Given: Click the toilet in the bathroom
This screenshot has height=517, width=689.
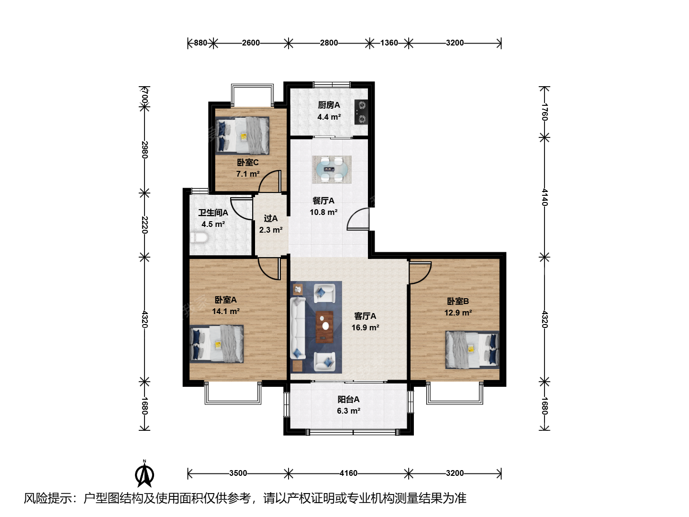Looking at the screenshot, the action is coord(199,237).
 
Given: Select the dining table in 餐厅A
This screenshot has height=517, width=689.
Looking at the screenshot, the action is coord(332,169).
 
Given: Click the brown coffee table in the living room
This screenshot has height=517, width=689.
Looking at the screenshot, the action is coord(324,327).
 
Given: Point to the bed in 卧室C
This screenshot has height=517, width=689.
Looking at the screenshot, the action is coord(242,135).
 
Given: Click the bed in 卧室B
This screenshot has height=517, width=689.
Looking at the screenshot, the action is coord(472,349).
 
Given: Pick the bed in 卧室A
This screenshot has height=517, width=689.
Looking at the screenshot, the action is coord(217,344).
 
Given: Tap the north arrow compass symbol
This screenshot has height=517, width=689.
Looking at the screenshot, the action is coord(144,474).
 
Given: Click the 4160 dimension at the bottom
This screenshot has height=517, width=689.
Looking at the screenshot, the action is coord(348,473).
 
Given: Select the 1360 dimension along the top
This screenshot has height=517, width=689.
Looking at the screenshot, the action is coord(389,43).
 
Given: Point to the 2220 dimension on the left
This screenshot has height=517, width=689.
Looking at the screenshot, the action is coord(144,225).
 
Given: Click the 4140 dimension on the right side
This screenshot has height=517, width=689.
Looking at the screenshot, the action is coord(545,197).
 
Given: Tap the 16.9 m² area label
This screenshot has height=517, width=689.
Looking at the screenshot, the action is coord(365,327).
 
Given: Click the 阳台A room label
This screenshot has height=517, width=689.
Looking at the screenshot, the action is coord(348,399).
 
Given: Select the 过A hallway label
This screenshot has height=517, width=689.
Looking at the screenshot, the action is coord(271,218).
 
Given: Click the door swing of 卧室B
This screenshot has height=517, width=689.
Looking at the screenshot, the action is coord(421,273).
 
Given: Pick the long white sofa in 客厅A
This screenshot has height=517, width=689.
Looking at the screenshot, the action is coord(298,328).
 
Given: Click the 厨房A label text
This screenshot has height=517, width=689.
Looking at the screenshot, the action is coord(329,105).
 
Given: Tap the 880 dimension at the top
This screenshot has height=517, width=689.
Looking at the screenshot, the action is coord(200,43).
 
